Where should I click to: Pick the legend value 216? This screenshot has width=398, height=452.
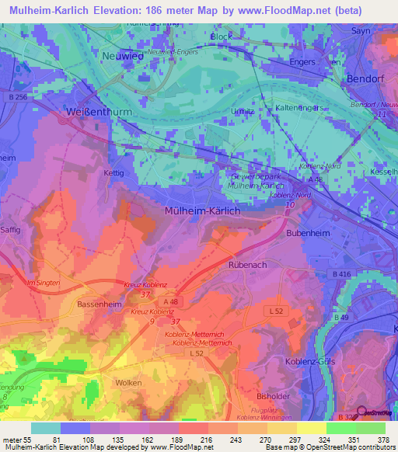[x=207, y=439]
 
